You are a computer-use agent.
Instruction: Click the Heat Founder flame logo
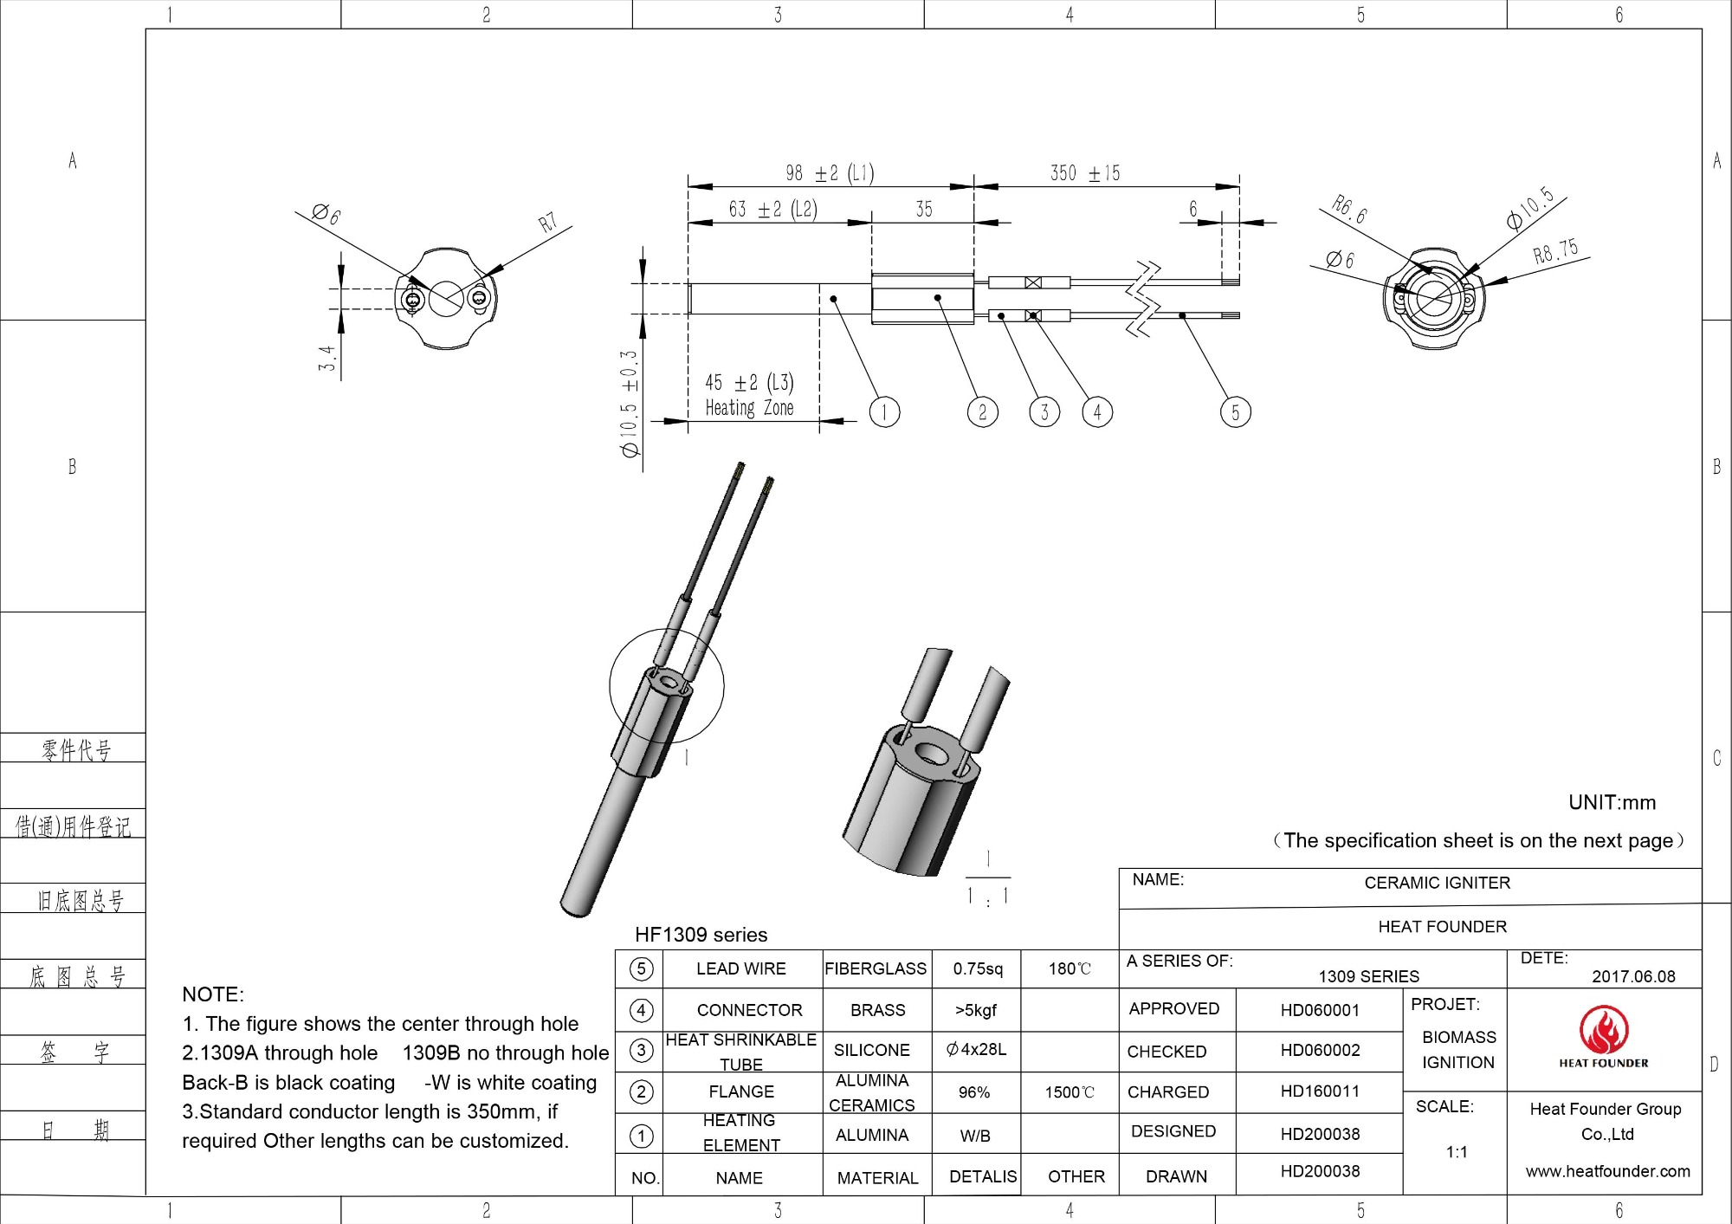pos(1604,1031)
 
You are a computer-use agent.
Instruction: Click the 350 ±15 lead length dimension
pos(1084,173)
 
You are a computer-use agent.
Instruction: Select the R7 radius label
pos(547,223)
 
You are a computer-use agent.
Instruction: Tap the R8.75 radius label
pos(1555,251)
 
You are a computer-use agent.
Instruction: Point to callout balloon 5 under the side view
pos(1235,412)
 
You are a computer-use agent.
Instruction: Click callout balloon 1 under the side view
pos(884,412)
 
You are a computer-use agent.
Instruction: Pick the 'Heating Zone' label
pos(749,408)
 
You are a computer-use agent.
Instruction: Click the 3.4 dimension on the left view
pos(326,358)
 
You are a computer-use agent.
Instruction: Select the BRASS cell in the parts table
pos(877,1010)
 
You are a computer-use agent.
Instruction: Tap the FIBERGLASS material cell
pos(876,968)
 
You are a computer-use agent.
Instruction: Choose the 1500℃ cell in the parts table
pos(1070,1092)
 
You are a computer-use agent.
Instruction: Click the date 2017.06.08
pos(1633,976)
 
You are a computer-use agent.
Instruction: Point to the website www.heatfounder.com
pos(1607,1171)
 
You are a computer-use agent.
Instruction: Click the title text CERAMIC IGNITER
pos(1437,883)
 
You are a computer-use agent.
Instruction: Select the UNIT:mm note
pos(1612,802)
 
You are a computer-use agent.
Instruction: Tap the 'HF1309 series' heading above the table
pos(701,935)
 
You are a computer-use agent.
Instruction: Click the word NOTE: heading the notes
pos(213,994)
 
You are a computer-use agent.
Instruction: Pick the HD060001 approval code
pos(1320,1010)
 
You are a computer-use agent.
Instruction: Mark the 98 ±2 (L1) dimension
pos(829,173)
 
